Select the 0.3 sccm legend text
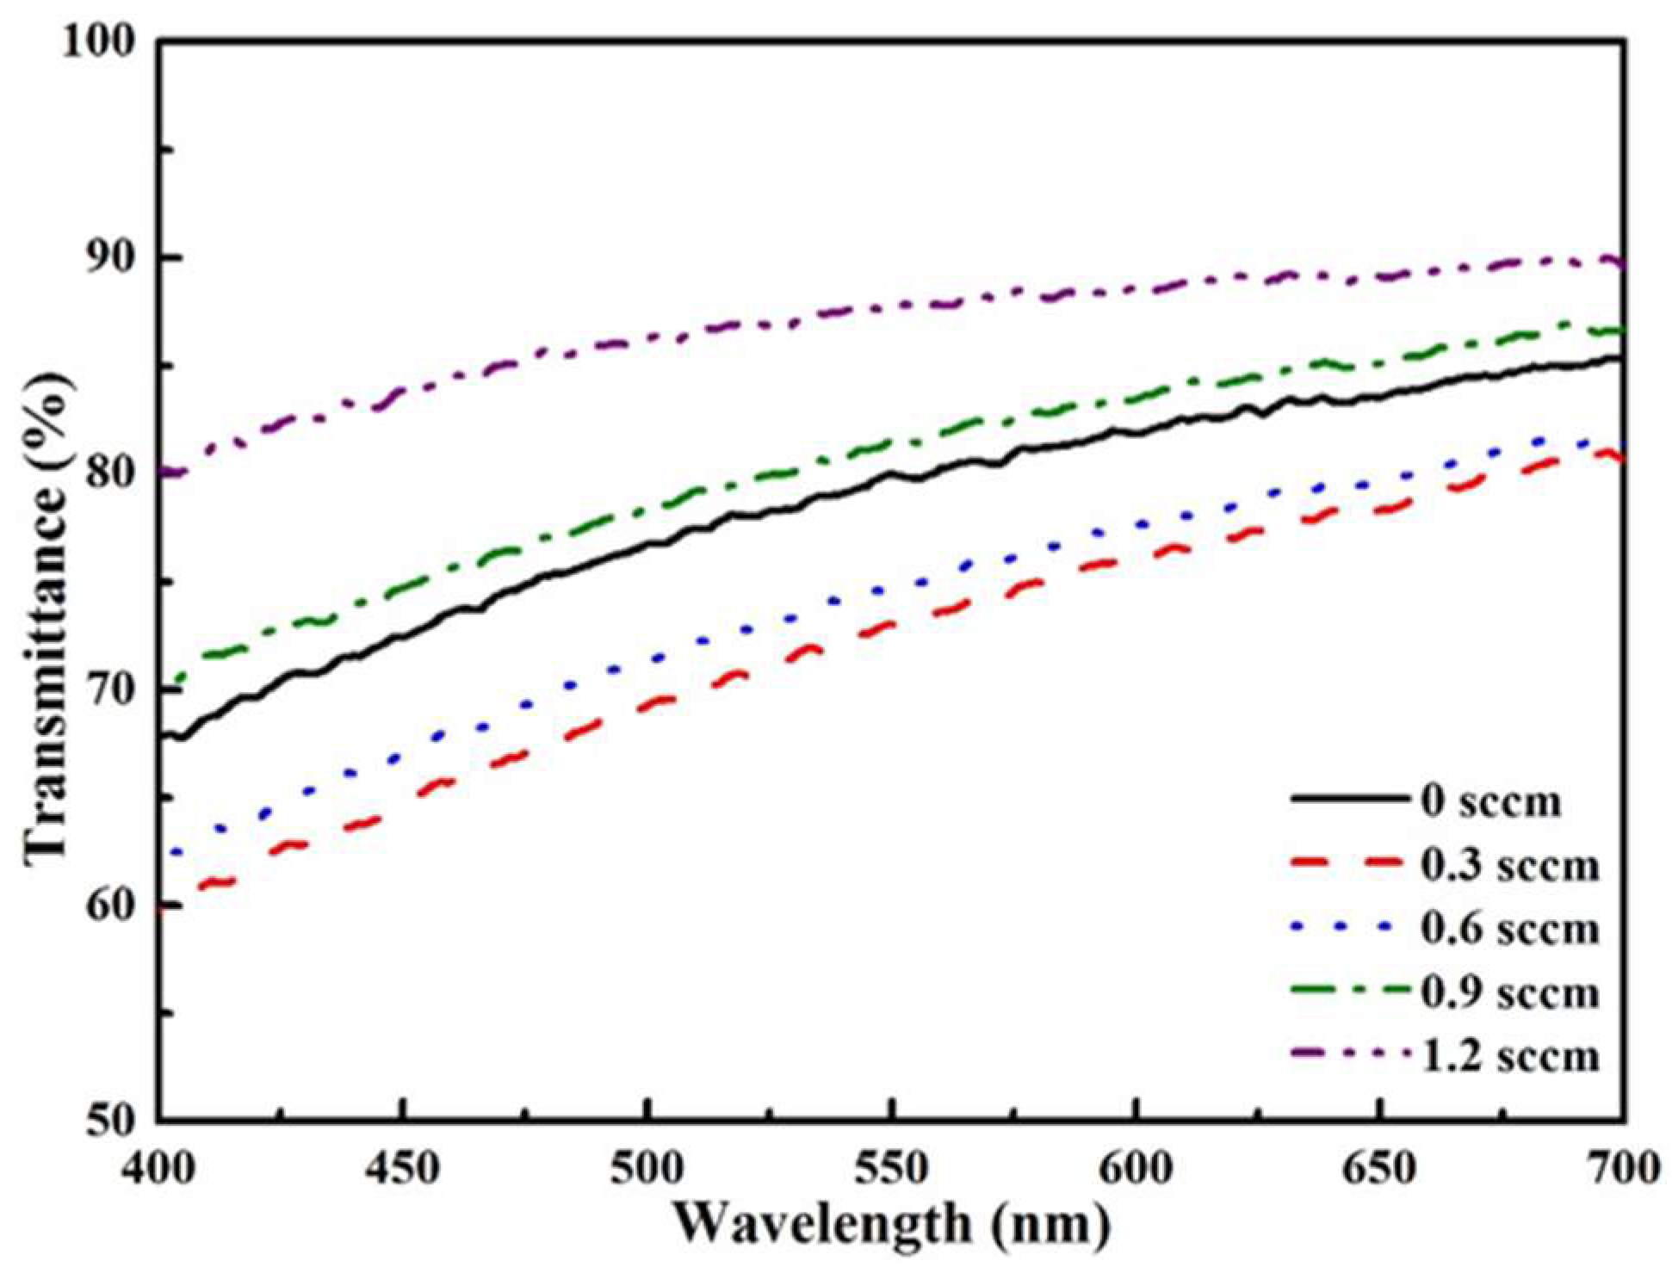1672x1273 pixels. coord(1508,865)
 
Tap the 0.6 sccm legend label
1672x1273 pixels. coord(1508,929)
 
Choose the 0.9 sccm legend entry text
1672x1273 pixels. coord(1508,992)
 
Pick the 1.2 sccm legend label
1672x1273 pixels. coord(1508,1055)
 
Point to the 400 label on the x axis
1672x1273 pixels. coord(159,1168)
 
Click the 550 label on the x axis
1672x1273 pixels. coord(891,1168)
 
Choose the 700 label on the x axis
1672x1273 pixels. coord(1622,1168)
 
